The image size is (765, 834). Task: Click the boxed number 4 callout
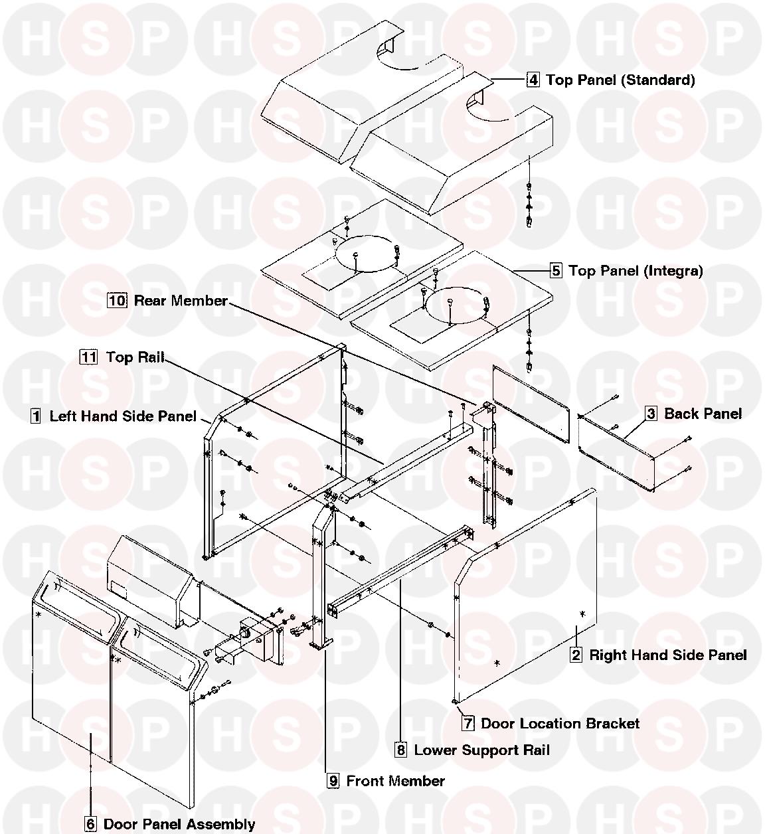coord(533,80)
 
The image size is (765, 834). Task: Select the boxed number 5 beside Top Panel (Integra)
coord(556,271)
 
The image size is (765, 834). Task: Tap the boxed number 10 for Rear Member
coord(117,300)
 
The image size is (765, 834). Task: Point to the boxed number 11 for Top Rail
coord(88,357)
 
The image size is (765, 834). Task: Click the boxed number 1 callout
coord(36,416)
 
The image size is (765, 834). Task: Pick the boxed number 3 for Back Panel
coord(651,414)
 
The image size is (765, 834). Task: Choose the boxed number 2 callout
coord(576,655)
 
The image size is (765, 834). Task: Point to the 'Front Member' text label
coord(396,781)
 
